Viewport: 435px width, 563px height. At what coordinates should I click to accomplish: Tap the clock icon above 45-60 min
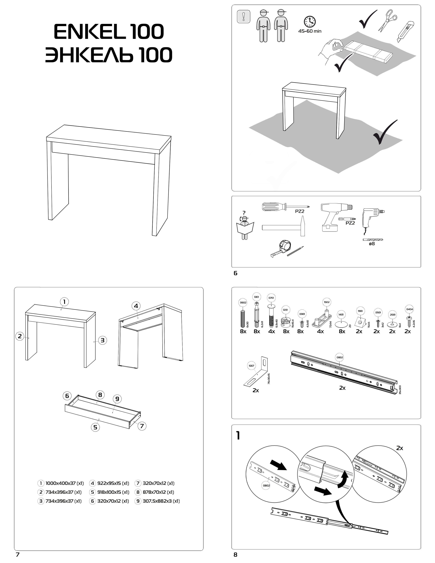pyautogui.click(x=310, y=22)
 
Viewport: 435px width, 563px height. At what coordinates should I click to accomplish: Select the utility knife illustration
pyautogui.click(x=405, y=31)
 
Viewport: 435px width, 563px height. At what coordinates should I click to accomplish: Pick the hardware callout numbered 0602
pyautogui.click(x=243, y=303)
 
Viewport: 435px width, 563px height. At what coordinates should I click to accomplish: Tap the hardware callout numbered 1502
pyautogui.click(x=327, y=302)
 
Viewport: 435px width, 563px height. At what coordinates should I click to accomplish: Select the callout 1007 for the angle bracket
pyautogui.click(x=251, y=366)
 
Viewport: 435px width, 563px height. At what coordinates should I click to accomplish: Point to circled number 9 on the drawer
pyautogui.click(x=117, y=399)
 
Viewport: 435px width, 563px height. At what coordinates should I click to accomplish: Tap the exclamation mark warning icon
pyautogui.click(x=243, y=17)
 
